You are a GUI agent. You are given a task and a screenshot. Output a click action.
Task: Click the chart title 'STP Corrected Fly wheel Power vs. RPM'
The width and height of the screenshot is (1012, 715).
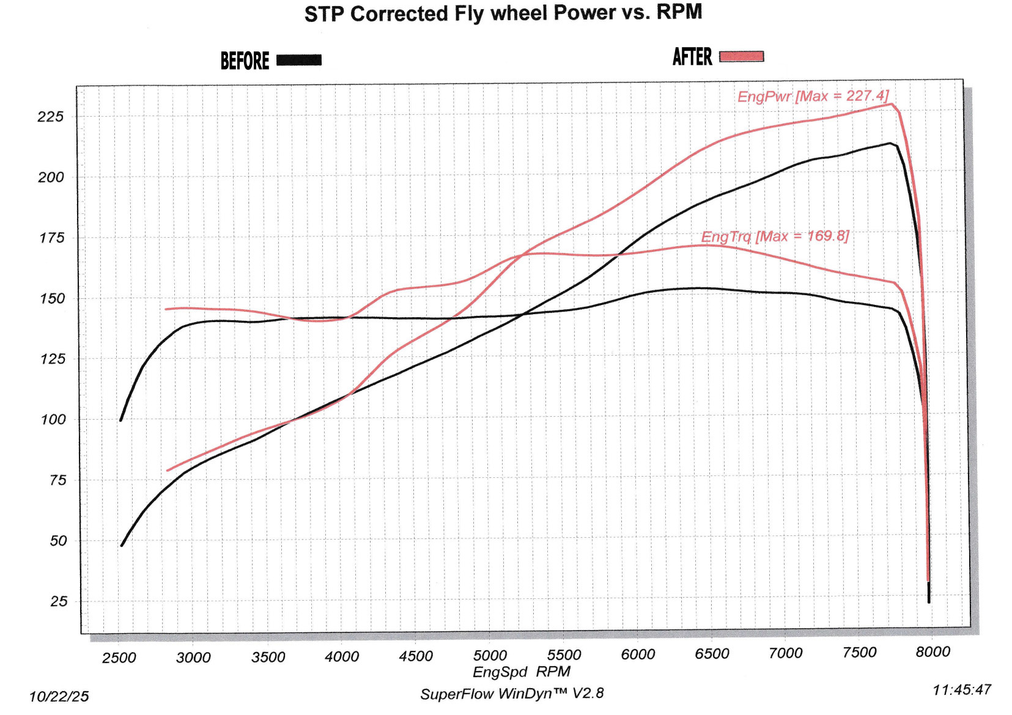503,13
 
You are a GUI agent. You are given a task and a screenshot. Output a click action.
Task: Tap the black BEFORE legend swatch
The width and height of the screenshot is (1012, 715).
299,60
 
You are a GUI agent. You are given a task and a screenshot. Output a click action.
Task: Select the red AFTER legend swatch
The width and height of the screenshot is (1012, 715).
741,57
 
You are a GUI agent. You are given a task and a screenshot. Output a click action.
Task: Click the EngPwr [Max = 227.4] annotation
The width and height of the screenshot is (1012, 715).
813,96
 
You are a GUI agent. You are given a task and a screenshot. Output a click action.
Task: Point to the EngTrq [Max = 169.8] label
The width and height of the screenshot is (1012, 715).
775,236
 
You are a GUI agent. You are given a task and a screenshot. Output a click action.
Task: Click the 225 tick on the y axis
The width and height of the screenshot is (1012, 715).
51,117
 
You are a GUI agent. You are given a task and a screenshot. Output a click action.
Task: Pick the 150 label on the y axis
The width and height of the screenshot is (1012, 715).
52,299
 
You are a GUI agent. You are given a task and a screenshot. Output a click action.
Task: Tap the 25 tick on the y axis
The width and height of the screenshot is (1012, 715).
59,601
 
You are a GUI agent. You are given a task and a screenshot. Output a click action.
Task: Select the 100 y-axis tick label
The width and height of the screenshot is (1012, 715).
53,420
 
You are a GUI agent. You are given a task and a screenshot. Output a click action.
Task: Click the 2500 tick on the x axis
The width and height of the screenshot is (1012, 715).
119,658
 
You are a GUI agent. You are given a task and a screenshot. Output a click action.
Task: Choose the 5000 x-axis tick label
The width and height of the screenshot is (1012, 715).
490,656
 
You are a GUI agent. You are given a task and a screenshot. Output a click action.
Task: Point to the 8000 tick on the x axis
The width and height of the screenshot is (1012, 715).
933,652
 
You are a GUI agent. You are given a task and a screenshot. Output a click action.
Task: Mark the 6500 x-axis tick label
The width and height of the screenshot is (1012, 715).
712,654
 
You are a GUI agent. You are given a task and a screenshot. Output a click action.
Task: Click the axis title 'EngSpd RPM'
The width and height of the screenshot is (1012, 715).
521,672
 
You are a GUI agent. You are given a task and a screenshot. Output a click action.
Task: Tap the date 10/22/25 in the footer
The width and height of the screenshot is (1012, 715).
59,697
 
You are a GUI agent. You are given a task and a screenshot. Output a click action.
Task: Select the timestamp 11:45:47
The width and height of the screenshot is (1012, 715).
961,690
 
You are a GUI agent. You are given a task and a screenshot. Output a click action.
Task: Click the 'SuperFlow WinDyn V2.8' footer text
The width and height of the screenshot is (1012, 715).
512,694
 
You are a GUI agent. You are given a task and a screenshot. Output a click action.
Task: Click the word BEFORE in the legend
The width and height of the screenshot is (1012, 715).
245,61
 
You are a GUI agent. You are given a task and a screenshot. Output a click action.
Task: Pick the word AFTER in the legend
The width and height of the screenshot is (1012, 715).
692,57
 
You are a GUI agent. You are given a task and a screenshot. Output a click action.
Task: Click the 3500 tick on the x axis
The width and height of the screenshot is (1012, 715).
268,657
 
